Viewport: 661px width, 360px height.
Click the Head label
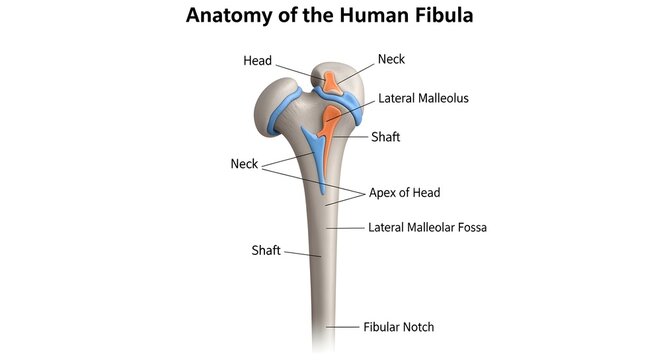(x=257, y=61)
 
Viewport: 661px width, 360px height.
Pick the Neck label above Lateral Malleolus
(x=392, y=60)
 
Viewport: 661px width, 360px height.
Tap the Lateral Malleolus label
(x=423, y=99)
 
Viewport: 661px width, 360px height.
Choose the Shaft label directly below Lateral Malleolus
(x=385, y=137)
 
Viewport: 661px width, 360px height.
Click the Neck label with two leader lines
(x=244, y=164)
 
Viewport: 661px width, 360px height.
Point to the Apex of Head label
(x=405, y=192)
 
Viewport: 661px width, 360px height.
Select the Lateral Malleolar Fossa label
(x=427, y=227)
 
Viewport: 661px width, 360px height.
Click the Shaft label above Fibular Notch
(x=265, y=249)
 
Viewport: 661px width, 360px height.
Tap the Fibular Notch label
(x=398, y=326)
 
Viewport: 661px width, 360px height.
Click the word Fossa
(x=468, y=227)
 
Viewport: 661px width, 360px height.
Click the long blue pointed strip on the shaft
(x=318, y=160)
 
